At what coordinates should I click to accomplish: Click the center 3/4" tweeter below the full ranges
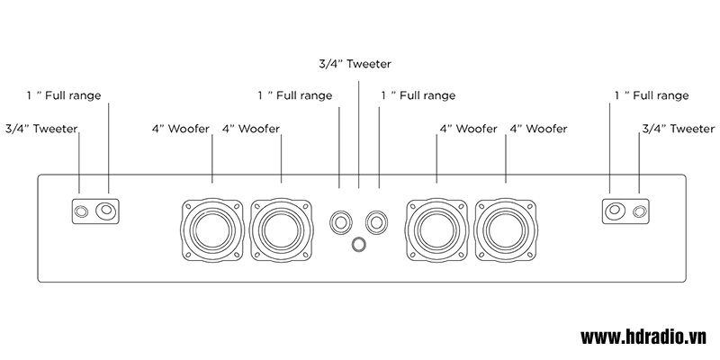coord(359,244)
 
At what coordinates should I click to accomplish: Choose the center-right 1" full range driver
coord(377,220)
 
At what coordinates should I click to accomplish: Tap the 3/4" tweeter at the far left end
coord(81,211)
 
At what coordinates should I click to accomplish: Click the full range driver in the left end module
coord(109,211)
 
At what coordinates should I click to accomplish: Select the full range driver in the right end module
coord(612,211)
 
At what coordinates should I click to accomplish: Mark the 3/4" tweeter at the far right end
coord(639,211)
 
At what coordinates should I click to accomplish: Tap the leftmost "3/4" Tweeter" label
coord(41,130)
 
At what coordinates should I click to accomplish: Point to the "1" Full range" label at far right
coord(651,94)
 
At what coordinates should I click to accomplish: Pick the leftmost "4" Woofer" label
coord(181,130)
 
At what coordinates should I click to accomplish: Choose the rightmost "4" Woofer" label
coord(538,130)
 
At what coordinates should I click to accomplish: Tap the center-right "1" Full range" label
coord(418,94)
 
